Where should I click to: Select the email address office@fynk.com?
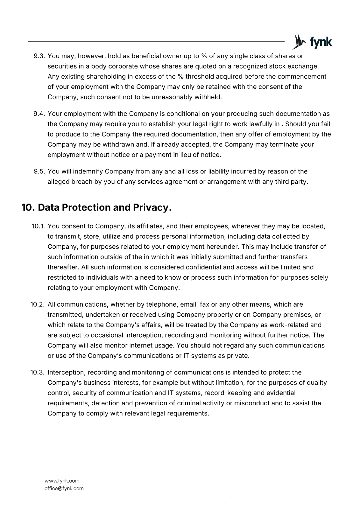pyautogui.click(x=64, y=488)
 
